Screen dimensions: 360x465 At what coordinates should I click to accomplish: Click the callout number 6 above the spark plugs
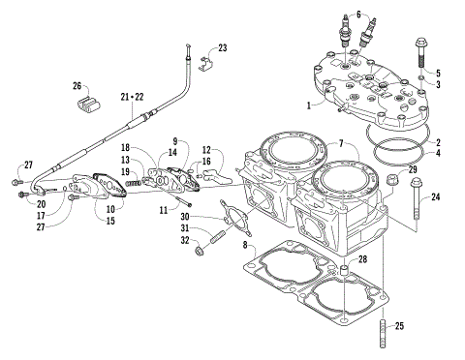click(358, 15)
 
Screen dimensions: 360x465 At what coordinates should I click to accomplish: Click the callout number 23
click(223, 47)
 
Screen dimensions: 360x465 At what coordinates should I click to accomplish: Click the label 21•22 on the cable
click(133, 97)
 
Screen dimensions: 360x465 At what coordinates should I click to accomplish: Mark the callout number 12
click(207, 150)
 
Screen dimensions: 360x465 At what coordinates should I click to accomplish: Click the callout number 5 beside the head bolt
click(437, 73)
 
